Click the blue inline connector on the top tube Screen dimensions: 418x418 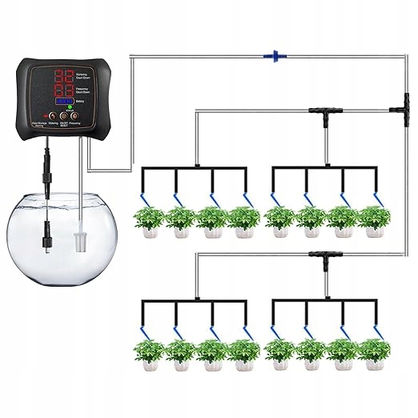[x=274, y=56]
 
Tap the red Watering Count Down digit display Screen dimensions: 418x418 [x=64, y=78]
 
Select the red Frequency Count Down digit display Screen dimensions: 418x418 [x=64, y=94]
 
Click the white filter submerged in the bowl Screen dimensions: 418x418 [x=78, y=239]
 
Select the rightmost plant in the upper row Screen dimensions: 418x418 [x=373, y=222]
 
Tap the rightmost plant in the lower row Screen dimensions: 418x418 [x=373, y=354]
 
